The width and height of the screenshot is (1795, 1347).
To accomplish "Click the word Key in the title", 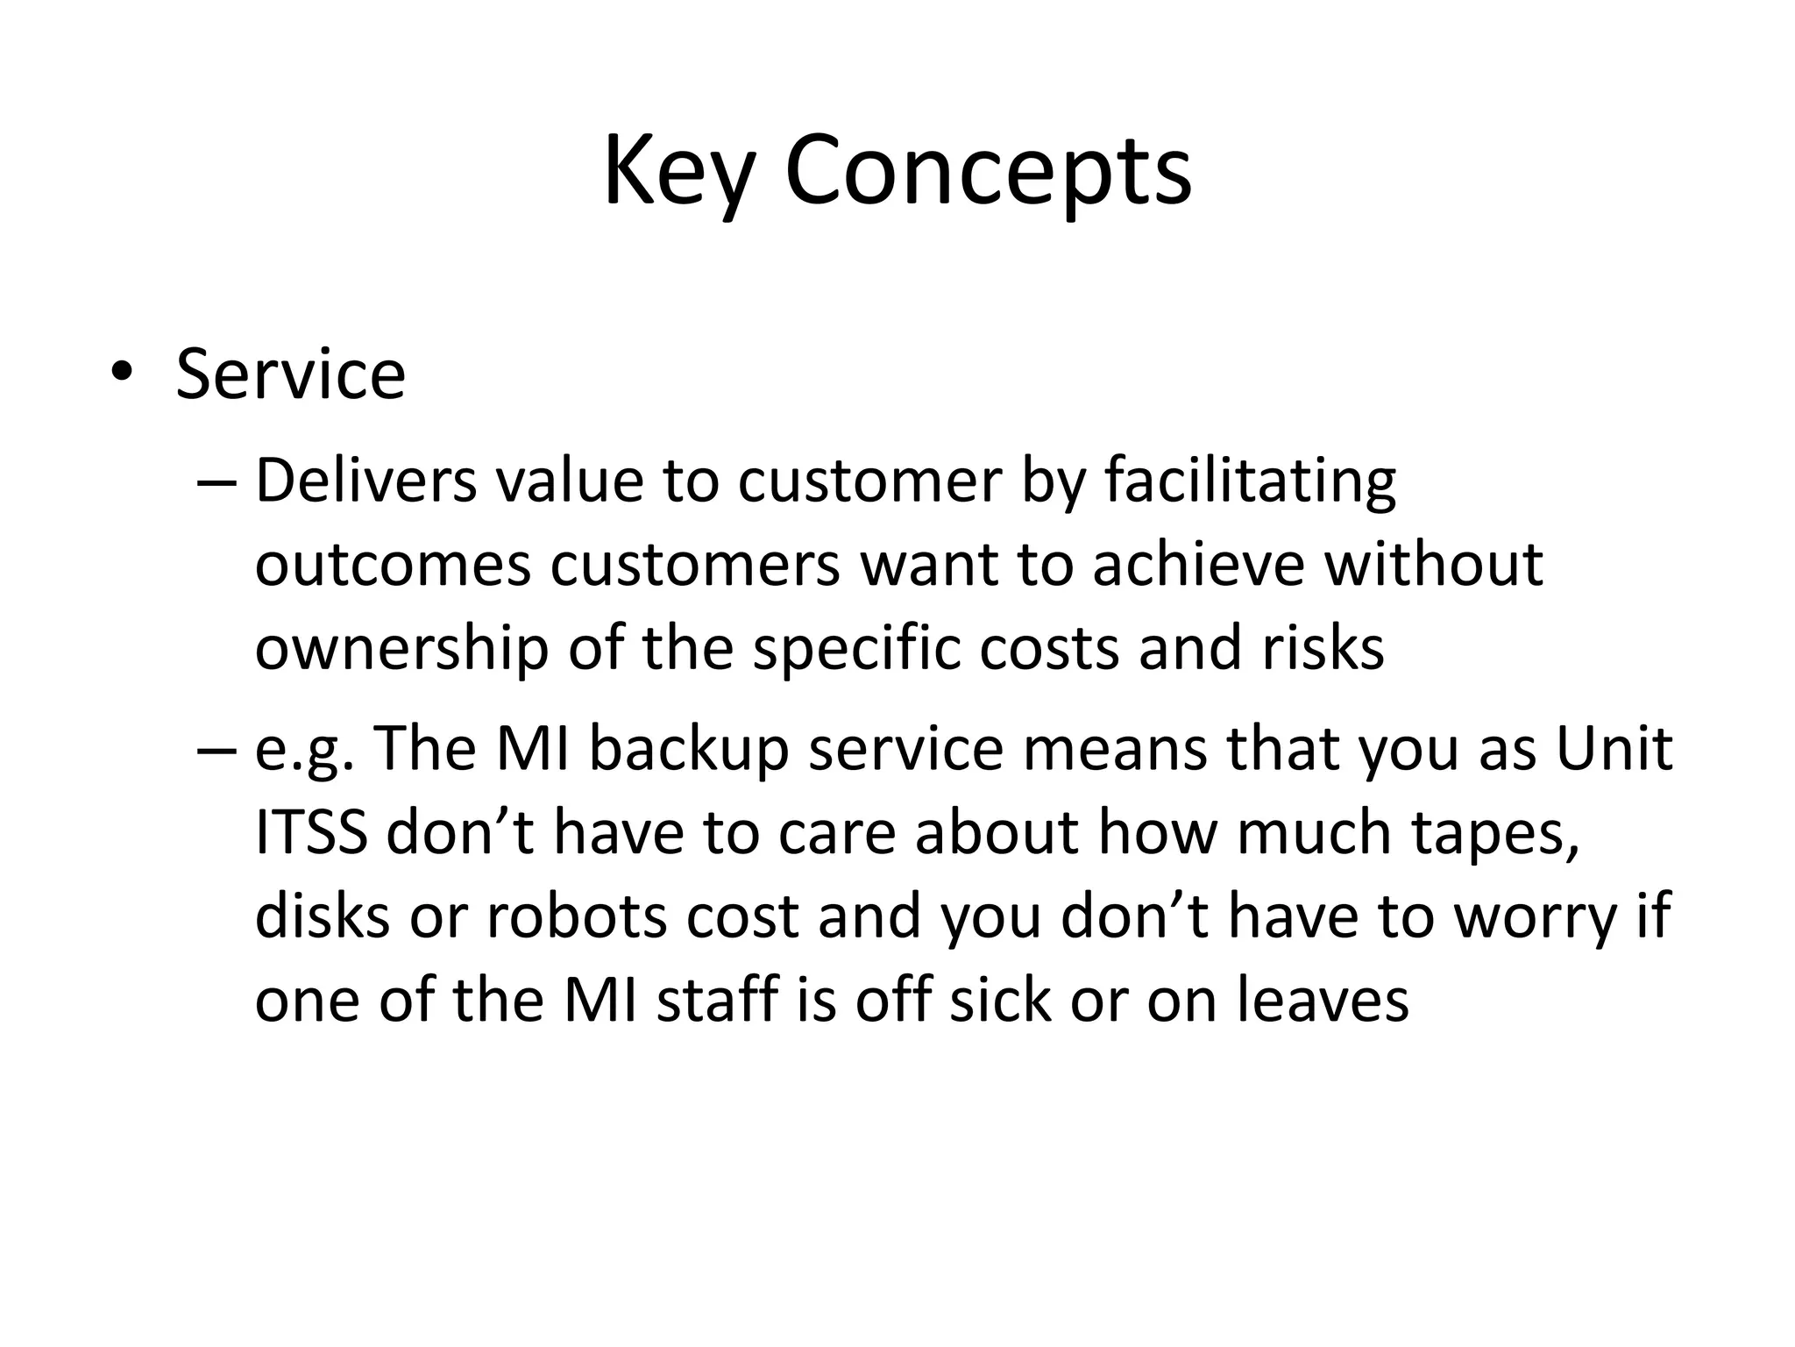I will (677, 171).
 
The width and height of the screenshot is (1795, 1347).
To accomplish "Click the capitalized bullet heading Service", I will (290, 375).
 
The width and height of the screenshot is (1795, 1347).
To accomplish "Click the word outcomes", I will (393, 566).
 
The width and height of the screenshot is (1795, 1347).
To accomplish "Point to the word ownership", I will (401, 651).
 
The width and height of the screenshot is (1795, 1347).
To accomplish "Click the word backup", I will (689, 751).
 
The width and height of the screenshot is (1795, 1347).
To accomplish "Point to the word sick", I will (1000, 1001).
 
